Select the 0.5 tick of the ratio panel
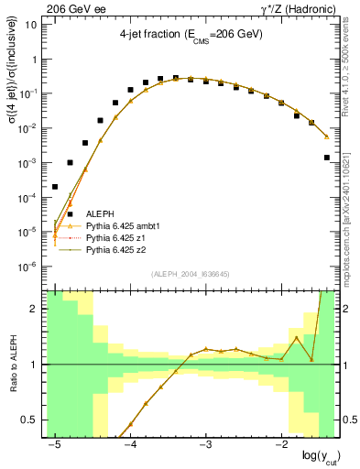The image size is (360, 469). [x=31, y=420]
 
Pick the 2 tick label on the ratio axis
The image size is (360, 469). [x=35, y=309]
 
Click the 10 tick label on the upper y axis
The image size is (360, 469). [x=30, y=24]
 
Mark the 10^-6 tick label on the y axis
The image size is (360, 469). [x=27, y=267]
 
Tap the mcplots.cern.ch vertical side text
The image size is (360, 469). [x=351, y=206]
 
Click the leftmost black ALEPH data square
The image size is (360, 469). [x=55, y=187]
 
